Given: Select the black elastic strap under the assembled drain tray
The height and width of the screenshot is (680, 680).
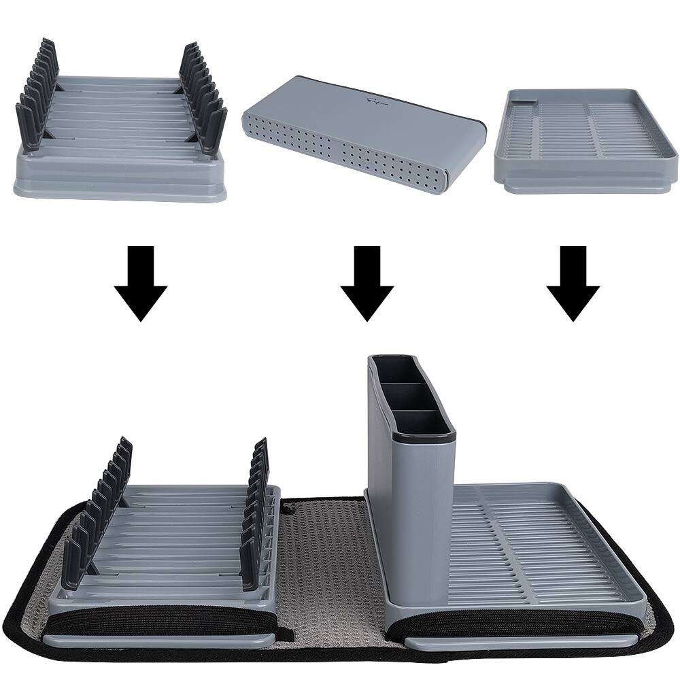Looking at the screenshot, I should tap(517, 623).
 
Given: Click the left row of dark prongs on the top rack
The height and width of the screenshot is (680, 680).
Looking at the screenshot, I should tap(35, 95).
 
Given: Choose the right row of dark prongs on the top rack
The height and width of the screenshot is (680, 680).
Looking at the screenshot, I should tap(203, 99).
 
